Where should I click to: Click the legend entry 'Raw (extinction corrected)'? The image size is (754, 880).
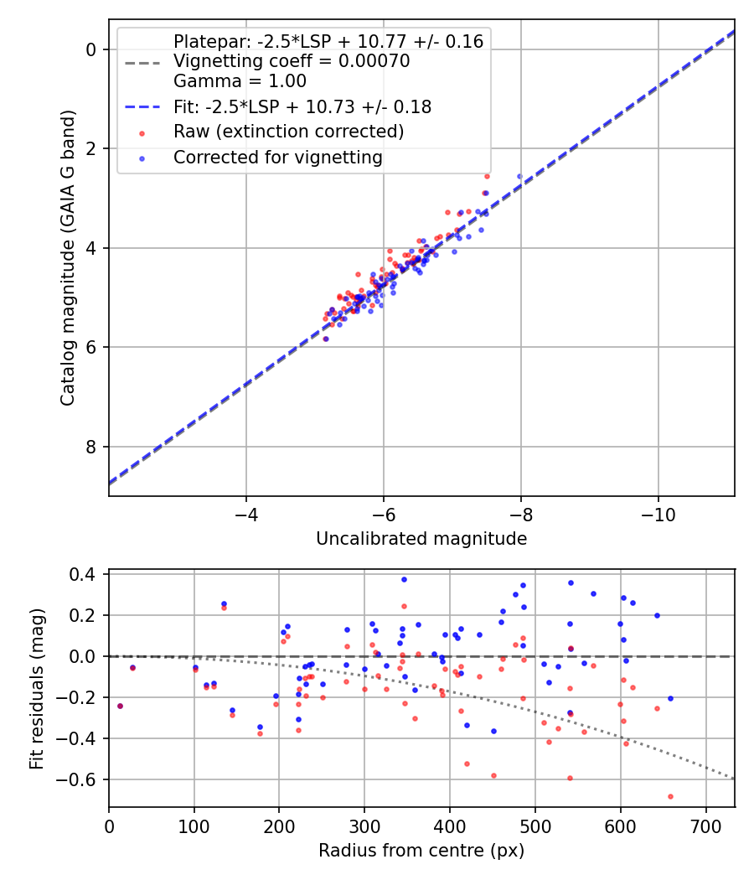[288, 132]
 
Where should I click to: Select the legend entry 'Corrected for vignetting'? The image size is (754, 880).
[277, 157]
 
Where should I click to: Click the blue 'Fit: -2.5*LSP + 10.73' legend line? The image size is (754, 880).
[141, 106]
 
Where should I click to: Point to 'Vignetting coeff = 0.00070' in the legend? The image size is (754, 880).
[292, 61]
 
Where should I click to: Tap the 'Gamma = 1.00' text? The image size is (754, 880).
[240, 81]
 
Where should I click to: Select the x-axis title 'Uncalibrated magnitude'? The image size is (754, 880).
[421, 539]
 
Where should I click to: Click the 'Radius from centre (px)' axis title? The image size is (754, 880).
[421, 851]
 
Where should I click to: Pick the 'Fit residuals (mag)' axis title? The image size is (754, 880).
[36, 689]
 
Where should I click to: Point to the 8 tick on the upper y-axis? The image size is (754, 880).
[93, 447]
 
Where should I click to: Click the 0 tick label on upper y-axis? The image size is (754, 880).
[93, 49]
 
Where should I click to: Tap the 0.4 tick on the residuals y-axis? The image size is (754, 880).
[87, 575]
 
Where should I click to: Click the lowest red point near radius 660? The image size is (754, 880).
[670, 796]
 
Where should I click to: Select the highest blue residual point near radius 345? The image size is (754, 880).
[404, 579]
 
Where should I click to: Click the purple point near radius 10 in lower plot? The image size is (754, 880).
[120, 706]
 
